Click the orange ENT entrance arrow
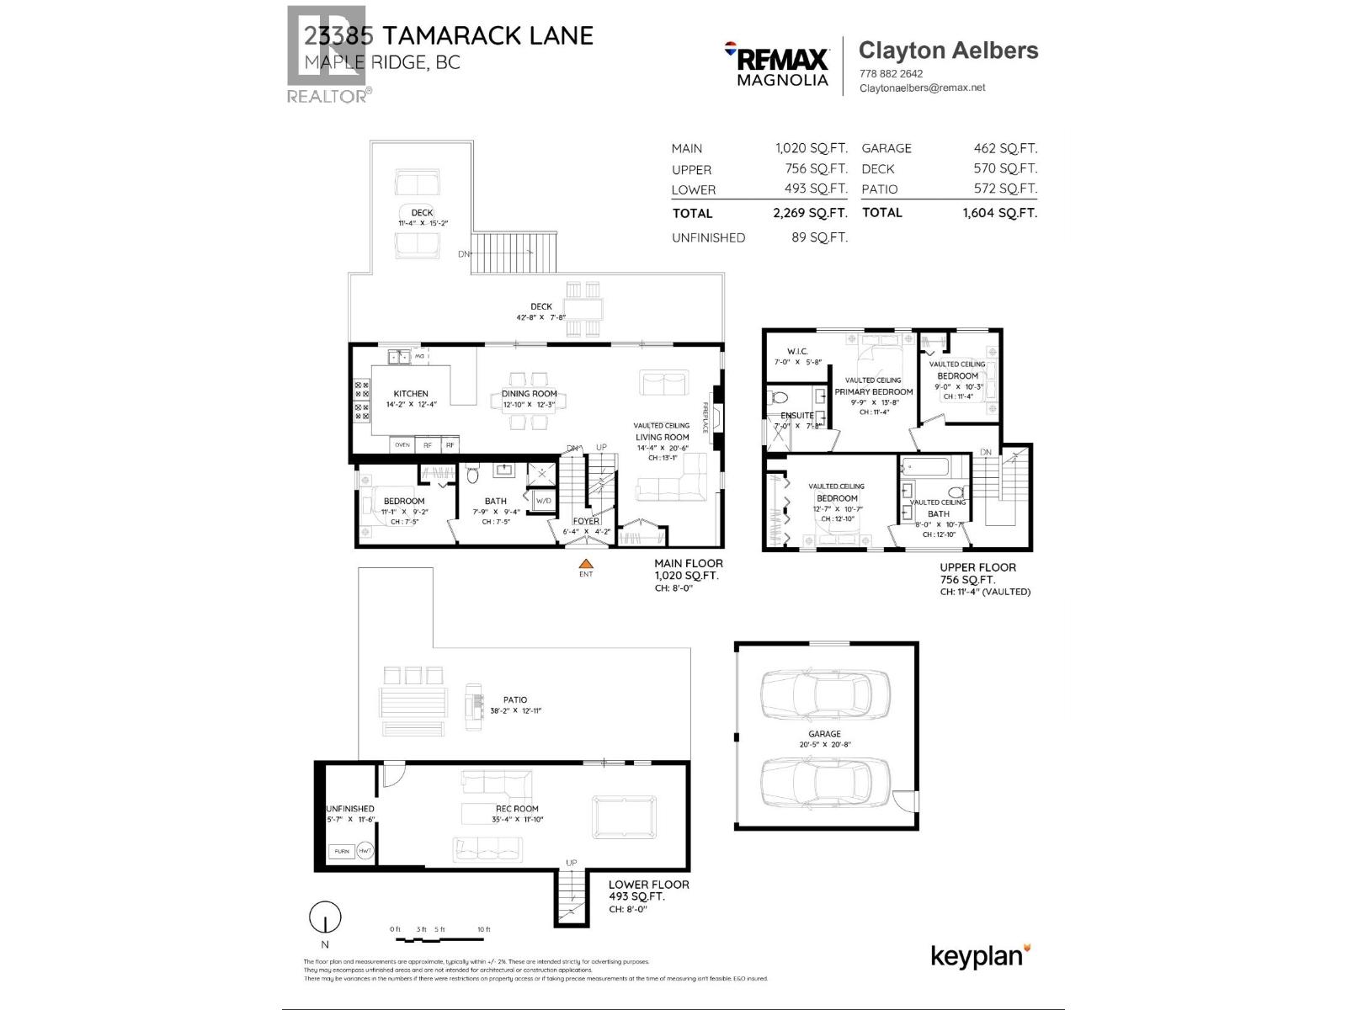point(586,565)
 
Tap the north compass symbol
point(325,917)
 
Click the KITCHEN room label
point(411,393)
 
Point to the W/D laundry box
point(543,502)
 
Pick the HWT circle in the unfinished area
point(365,851)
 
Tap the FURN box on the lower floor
point(342,851)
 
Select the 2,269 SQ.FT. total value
point(810,214)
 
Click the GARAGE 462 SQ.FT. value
point(1005,148)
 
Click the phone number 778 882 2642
point(891,73)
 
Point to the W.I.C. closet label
point(797,351)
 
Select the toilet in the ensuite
point(778,397)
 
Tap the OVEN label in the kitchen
point(402,444)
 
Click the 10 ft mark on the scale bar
point(483,929)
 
